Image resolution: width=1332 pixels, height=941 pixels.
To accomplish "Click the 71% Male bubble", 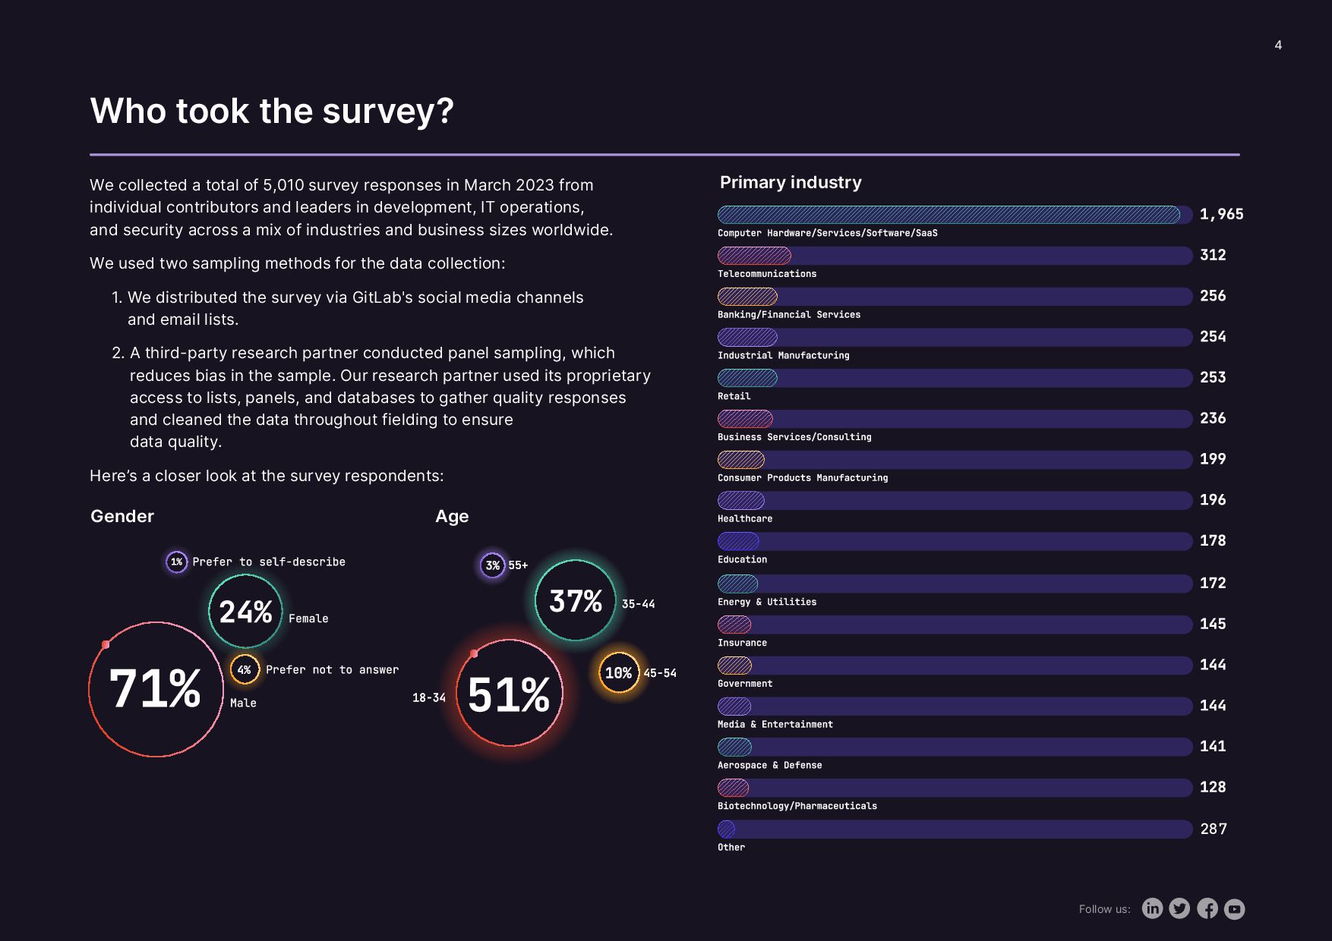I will (x=156, y=689).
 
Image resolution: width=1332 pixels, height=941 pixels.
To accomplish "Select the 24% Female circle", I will (x=245, y=612).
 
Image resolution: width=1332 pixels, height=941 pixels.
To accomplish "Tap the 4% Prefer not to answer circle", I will (x=245, y=669).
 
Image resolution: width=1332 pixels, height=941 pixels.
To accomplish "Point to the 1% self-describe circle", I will (x=177, y=562).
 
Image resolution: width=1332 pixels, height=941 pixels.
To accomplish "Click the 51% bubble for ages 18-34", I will (x=509, y=694).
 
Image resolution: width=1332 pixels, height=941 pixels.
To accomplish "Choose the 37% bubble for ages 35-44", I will (x=576, y=601).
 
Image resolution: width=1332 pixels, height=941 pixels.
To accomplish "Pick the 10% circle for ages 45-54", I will (x=618, y=673).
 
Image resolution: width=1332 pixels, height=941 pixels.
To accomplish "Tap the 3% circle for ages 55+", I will (x=493, y=565).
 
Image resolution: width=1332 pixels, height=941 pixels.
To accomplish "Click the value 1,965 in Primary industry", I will (x=1221, y=215).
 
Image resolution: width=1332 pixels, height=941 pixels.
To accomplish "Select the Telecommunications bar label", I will (x=767, y=274).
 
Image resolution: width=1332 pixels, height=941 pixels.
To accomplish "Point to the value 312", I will (x=1213, y=255).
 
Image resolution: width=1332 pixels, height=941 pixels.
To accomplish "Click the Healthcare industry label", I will (x=745, y=519).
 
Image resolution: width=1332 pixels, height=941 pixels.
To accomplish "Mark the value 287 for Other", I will (x=1214, y=829).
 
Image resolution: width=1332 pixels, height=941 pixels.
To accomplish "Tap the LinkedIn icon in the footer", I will (x=1152, y=908).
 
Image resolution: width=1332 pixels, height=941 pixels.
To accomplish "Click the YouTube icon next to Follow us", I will (x=1235, y=908).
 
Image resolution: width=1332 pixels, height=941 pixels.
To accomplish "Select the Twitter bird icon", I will (x=1179, y=908).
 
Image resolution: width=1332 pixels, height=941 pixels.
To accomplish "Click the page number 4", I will (x=1278, y=46).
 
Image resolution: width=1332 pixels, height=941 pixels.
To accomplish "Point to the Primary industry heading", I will (x=791, y=183).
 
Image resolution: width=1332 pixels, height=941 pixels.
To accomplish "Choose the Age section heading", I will (x=452, y=517).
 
